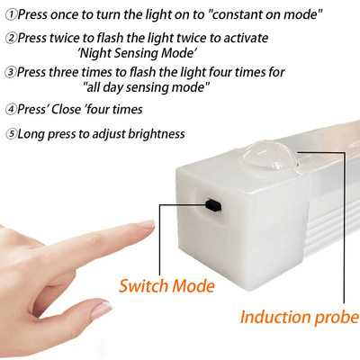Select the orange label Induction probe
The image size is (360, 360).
299,317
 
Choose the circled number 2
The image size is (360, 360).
10,40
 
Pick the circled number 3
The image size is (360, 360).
10,72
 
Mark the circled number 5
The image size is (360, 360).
10,134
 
